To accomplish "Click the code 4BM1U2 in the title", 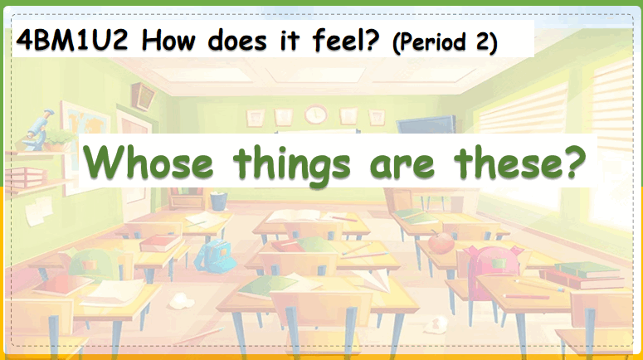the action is (x=72, y=40).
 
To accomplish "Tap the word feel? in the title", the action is (x=346, y=40).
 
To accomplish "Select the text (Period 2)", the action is (x=445, y=42).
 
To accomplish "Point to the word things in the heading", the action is (x=292, y=166).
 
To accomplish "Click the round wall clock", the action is (x=316, y=114).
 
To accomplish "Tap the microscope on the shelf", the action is (x=39, y=129).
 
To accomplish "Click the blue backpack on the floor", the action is (x=214, y=255).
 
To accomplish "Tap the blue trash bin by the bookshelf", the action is (x=218, y=201).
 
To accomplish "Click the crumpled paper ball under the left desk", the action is (x=181, y=301).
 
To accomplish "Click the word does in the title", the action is (x=237, y=41).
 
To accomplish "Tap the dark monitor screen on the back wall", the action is (x=426, y=124).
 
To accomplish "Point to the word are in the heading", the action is (x=402, y=165).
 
